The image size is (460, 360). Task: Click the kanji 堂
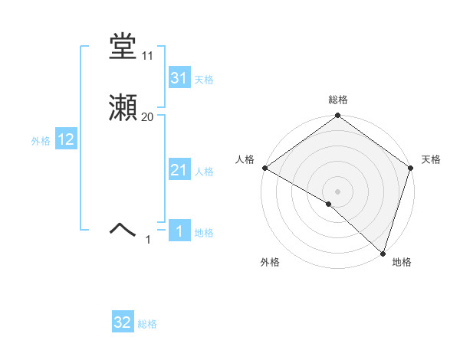tap(123, 47)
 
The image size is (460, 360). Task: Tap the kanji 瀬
tap(123, 109)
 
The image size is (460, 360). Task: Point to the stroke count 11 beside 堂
tap(148, 56)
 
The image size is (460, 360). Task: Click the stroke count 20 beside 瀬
tap(148, 117)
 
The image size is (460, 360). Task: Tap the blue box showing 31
tap(179, 78)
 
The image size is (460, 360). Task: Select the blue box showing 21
tap(179, 170)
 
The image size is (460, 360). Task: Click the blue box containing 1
tap(179, 231)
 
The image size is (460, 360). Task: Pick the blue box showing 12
tap(65, 139)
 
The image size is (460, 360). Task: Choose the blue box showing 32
tap(123, 323)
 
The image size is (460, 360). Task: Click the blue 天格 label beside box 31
tap(204, 80)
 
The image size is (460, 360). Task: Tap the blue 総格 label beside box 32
tap(147, 325)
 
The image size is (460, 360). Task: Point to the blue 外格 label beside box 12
tap(41, 141)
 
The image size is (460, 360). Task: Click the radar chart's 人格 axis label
tap(245, 159)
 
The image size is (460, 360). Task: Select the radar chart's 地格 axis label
tap(402, 262)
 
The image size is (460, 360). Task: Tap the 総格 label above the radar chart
tap(337, 100)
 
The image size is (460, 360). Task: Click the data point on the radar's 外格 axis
tap(329, 204)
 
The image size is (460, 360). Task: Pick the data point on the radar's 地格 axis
tap(383, 254)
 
